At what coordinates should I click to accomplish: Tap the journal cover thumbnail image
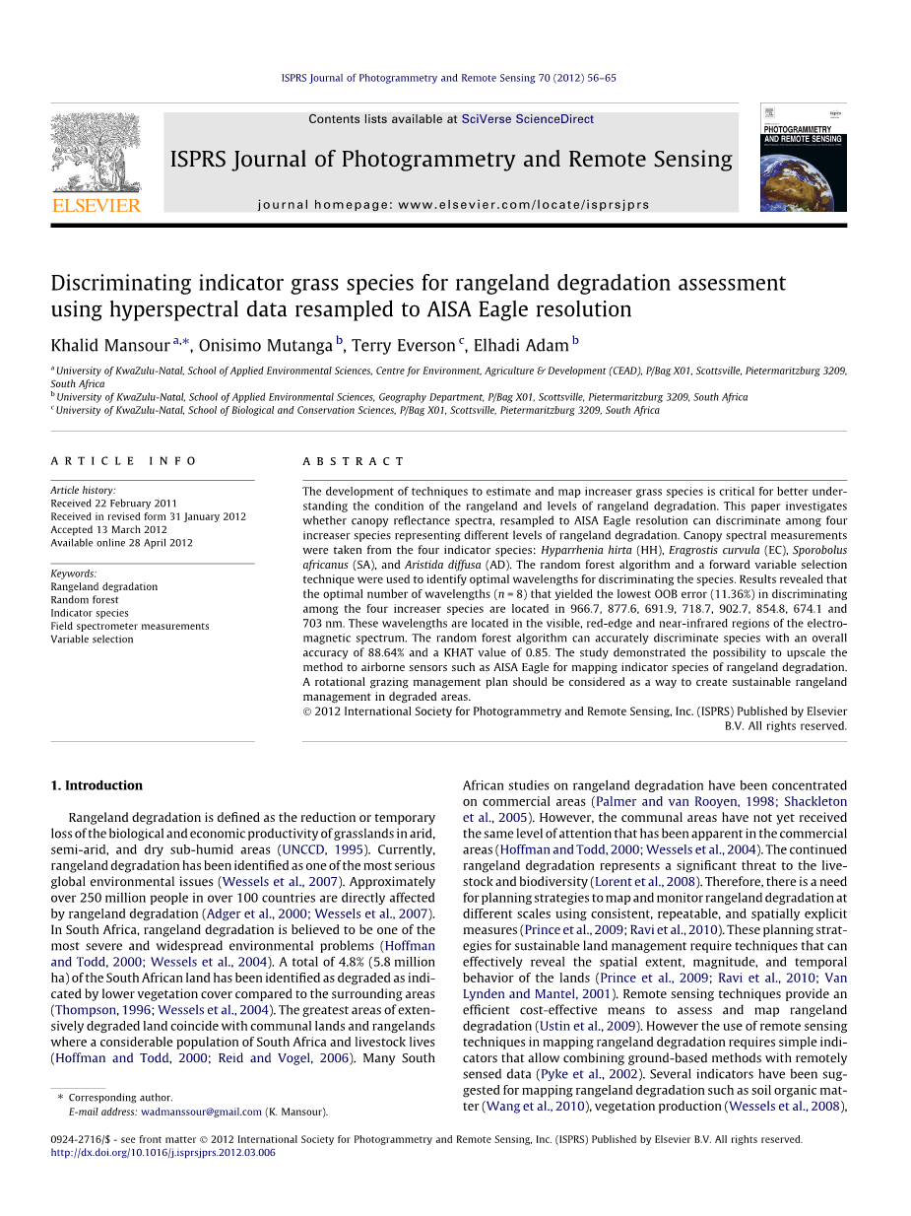pos(804,157)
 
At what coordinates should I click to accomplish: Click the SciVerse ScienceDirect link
pos(528,119)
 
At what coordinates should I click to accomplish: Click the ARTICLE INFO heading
pos(124,461)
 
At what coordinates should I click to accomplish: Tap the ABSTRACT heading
pos(354,461)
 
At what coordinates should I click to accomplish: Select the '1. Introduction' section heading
pos(97,785)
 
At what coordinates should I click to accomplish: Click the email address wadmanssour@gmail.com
pos(202,1112)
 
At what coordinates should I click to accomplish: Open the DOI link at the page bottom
pos(163,1152)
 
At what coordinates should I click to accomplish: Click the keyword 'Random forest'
pos(85,600)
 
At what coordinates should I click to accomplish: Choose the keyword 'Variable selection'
pos(92,640)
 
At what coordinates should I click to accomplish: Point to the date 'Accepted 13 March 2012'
pos(108,529)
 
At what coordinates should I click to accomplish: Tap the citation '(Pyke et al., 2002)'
pos(597,1074)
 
